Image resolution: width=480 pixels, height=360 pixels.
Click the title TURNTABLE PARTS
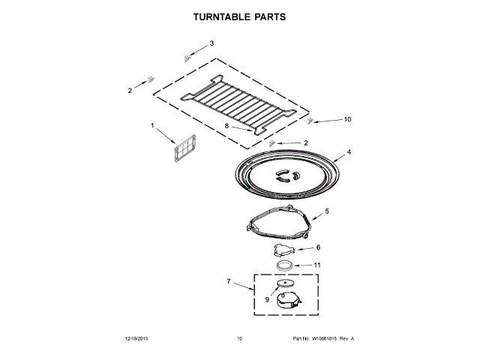pos(239,16)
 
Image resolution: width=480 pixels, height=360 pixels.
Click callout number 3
pos(211,43)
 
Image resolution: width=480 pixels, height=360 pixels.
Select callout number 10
pos(346,119)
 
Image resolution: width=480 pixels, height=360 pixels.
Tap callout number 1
pos(152,125)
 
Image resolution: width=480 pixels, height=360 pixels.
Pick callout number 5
pos(327,213)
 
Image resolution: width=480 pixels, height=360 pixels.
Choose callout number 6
pos(318,247)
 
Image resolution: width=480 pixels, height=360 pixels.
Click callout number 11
pos(317,264)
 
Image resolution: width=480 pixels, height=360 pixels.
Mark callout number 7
pos(229,282)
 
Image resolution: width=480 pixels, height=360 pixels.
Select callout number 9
pos(266,299)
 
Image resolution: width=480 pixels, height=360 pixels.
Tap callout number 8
pos(226,126)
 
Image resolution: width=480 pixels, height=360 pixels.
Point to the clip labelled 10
pos(311,121)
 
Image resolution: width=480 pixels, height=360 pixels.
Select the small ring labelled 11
pos(283,266)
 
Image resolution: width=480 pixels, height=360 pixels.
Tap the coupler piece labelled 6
pos(283,250)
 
